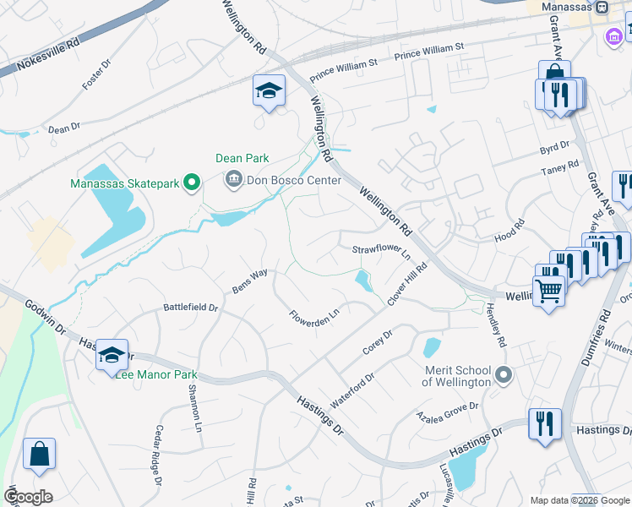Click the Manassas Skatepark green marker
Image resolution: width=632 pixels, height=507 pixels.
pyautogui.click(x=192, y=181)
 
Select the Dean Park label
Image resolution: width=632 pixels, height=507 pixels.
pyautogui.click(x=242, y=158)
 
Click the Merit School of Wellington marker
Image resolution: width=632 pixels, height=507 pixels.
pyautogui.click(x=504, y=373)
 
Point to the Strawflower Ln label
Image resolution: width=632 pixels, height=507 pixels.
pyautogui.click(x=381, y=250)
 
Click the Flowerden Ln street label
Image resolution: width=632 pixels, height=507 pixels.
pyautogui.click(x=314, y=318)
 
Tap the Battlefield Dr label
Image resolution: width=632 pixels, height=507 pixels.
pyautogui.click(x=190, y=308)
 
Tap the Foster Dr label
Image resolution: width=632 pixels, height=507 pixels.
pyautogui.click(x=95, y=74)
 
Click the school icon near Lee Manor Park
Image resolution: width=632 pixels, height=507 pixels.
pyautogui.click(x=112, y=355)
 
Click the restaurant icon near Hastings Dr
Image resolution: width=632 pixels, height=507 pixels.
pyautogui.click(x=545, y=422)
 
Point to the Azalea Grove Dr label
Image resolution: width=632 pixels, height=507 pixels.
pyautogui.click(x=447, y=412)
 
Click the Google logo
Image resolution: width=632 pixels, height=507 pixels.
pyautogui.click(x=28, y=496)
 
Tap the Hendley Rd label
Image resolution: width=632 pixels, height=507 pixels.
pyautogui.click(x=495, y=326)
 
